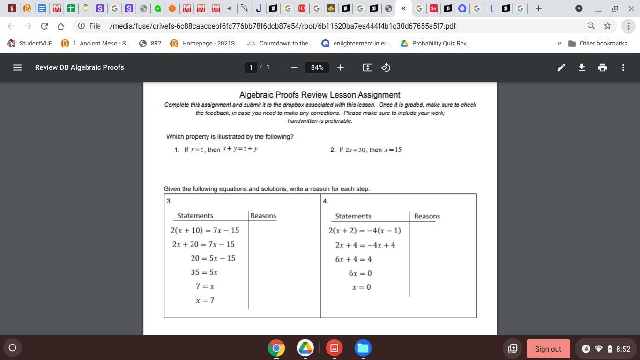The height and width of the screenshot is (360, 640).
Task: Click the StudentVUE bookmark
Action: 30,43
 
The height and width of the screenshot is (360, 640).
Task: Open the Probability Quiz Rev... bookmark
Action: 436,43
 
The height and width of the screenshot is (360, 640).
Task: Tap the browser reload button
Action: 44,26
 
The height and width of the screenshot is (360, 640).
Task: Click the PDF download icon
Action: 581,67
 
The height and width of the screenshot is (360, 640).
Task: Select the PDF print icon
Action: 602,67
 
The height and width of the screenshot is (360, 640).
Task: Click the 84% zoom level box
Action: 317,67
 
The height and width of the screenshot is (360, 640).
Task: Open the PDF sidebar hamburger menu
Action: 17,67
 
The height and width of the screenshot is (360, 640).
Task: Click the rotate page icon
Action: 386,67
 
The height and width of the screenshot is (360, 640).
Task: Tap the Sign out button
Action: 548,349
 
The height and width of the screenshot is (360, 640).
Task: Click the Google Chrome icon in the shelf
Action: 276,348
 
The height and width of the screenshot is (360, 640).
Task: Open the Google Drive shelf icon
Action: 305,348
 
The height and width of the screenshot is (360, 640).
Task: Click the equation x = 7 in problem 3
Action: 205,300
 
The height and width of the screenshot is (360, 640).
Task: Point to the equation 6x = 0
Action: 360,273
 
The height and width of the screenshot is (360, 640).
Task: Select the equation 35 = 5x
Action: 204,272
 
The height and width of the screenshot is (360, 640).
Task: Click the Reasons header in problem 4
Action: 427,216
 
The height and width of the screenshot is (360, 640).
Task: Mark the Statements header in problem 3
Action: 195,216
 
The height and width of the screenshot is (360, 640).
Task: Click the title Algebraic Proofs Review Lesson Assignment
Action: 320,95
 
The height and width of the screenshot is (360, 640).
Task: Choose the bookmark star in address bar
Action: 608,26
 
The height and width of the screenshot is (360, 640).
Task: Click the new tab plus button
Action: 538,8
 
